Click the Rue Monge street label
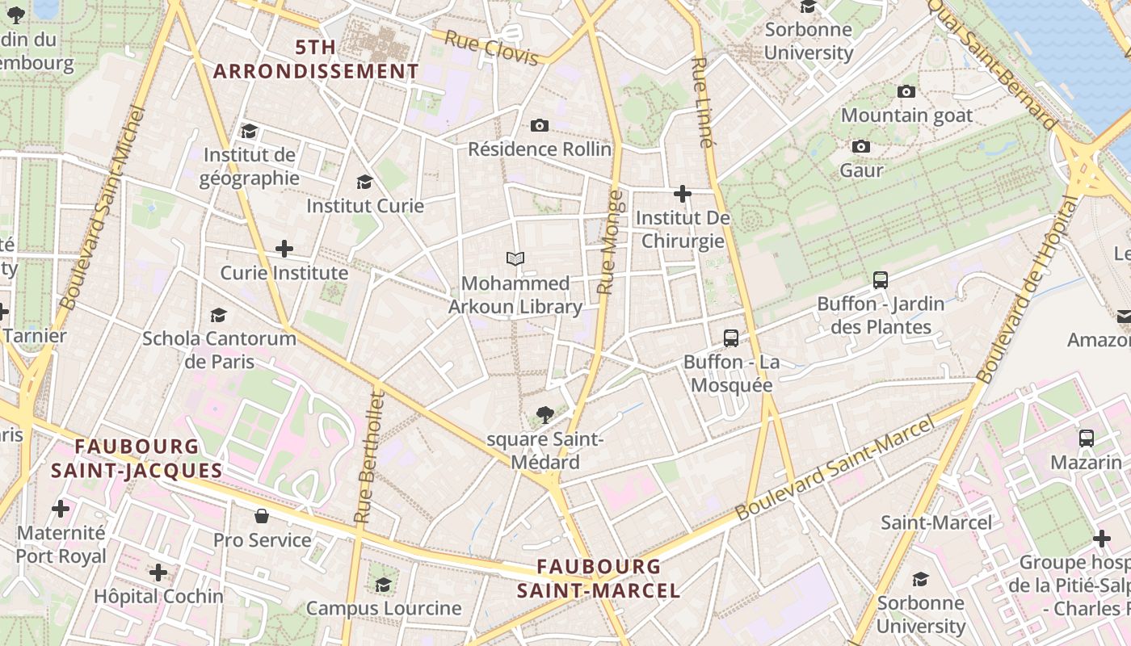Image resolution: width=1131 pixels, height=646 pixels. click(610, 242)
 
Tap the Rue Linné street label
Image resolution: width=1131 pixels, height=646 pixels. click(701, 103)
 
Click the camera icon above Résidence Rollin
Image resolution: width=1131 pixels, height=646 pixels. click(540, 125)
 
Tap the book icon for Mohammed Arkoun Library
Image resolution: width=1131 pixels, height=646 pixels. click(515, 258)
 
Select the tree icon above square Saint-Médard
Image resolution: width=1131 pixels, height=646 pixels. click(545, 415)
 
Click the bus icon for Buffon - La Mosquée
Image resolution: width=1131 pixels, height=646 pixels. click(731, 338)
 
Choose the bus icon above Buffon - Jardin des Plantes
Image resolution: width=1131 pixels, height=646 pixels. click(881, 280)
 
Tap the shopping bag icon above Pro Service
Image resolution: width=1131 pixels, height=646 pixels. click(262, 515)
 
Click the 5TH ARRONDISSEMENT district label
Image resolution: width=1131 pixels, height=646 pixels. click(316, 59)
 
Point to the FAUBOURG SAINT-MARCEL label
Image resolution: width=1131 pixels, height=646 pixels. click(599, 578)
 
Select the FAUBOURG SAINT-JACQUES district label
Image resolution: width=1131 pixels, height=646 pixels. click(137, 458)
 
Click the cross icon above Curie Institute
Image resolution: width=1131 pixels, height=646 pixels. click(284, 249)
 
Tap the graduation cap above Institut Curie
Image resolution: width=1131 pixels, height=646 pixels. click(364, 182)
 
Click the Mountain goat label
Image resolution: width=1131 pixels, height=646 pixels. click(906, 115)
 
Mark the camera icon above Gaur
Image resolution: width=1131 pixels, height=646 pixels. click(861, 146)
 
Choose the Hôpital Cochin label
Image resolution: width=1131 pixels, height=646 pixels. click(158, 597)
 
